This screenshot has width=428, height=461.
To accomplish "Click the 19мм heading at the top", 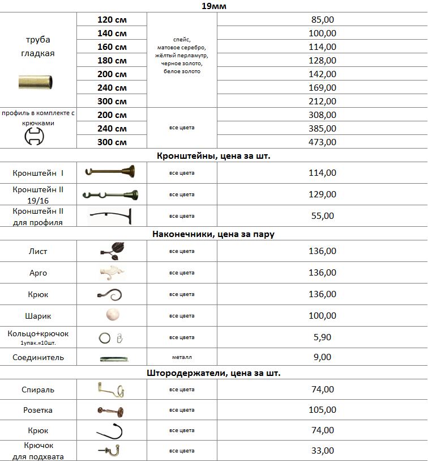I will pyautogui.click(x=214, y=7).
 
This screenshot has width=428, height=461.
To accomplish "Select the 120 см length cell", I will pyautogui.click(x=112, y=20).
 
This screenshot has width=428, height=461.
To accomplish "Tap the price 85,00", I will pyautogui.click(x=323, y=20).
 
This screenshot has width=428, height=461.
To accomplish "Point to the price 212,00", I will pyautogui.click(x=323, y=101).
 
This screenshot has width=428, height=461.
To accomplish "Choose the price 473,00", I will pyautogui.click(x=323, y=142).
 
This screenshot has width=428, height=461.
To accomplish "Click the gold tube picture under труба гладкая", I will pyautogui.click(x=38, y=82).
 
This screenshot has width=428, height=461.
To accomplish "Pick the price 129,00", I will pyautogui.click(x=323, y=194).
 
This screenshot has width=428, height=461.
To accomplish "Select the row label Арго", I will pyautogui.click(x=38, y=273).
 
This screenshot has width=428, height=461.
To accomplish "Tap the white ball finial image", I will pyautogui.click(x=112, y=315).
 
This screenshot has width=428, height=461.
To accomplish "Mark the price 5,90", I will pyautogui.click(x=323, y=337).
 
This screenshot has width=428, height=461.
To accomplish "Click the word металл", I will pyautogui.click(x=182, y=358).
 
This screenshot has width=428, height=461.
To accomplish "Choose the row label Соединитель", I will pyautogui.click(x=38, y=358).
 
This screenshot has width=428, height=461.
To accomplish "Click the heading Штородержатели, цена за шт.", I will pyautogui.click(x=214, y=374).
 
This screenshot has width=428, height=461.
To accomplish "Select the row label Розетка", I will pyautogui.click(x=38, y=410).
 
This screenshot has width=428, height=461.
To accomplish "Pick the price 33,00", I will pyautogui.click(x=323, y=451).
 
